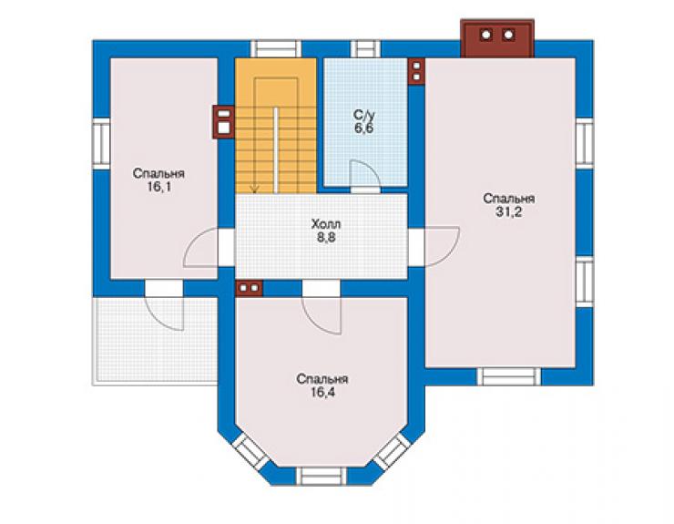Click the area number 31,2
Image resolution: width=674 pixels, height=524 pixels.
tap(509, 212)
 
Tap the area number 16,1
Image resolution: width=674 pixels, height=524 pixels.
tap(159, 187)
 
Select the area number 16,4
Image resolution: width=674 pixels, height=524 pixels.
tap(322, 393)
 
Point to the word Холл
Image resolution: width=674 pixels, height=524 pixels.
tap(326, 224)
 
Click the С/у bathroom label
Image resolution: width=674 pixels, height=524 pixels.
tap(364, 115)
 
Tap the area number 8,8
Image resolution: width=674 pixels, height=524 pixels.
tap(326, 237)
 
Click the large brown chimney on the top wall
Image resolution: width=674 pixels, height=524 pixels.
tap(497, 38)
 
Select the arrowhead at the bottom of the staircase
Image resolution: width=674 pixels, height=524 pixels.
tap(255, 189)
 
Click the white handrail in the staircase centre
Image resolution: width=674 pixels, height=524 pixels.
tap(276, 150)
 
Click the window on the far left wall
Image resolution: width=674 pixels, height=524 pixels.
tap(102, 144)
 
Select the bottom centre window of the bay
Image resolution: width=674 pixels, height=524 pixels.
tap(322, 477)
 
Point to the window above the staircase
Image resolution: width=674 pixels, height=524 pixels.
tap(276, 48)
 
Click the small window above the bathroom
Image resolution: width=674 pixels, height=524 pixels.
tap(366, 48)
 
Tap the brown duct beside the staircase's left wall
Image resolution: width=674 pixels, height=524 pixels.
tap(223, 122)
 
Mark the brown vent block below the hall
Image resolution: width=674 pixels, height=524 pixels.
tap(249, 288)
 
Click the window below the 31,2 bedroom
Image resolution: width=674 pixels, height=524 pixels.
tap(509, 376)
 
